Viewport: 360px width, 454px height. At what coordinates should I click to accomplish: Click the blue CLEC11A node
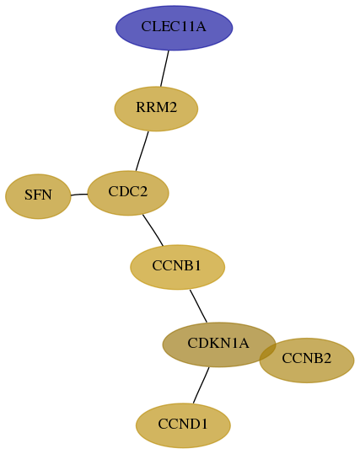(175, 28)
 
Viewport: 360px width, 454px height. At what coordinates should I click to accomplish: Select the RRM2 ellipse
(156, 109)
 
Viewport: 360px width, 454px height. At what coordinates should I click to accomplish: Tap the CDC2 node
(128, 193)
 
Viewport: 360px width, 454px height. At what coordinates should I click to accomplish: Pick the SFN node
(38, 196)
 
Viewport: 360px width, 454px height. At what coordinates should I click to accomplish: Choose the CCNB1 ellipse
(177, 267)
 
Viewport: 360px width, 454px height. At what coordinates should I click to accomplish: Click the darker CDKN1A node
(219, 345)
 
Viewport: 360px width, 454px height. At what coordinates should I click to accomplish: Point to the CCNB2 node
(307, 361)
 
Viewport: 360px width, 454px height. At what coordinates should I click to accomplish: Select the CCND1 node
(183, 425)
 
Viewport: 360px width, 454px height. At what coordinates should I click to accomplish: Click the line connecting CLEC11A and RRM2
(164, 68)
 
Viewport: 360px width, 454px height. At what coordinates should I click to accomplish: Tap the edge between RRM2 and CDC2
(142, 151)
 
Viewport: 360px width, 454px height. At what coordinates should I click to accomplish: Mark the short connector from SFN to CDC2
(79, 195)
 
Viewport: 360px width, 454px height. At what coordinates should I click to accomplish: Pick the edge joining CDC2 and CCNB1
(153, 230)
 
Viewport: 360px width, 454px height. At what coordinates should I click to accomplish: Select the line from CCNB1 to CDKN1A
(198, 306)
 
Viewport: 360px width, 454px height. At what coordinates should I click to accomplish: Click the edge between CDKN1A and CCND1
(201, 385)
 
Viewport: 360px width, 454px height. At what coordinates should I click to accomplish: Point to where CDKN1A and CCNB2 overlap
(268, 352)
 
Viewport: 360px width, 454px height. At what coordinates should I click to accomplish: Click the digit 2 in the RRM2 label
(173, 107)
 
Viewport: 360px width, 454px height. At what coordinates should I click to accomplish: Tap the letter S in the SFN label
(28, 195)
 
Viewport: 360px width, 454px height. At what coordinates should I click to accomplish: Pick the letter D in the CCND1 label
(192, 424)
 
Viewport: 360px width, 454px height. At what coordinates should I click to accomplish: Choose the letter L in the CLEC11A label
(155, 26)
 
